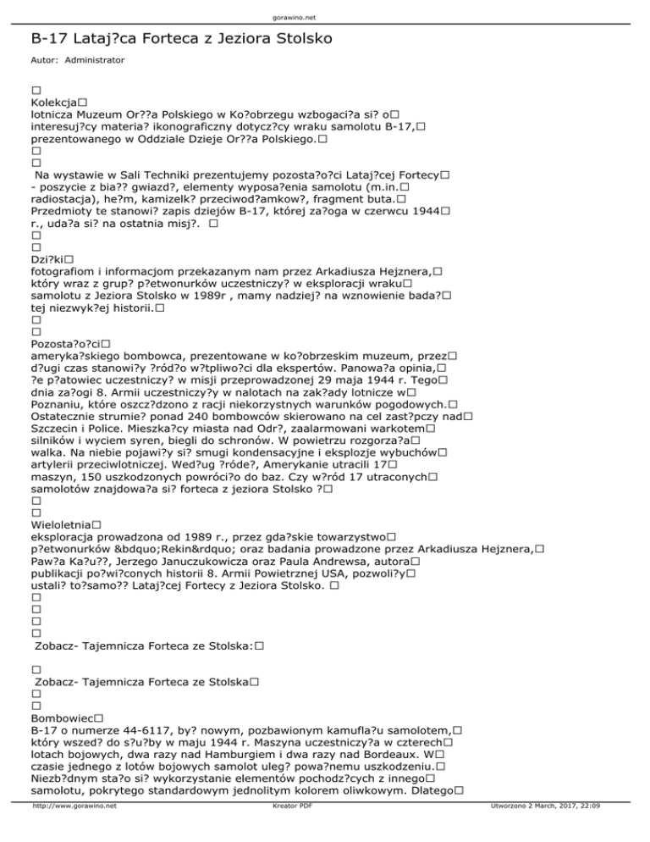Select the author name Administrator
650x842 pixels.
94,61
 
